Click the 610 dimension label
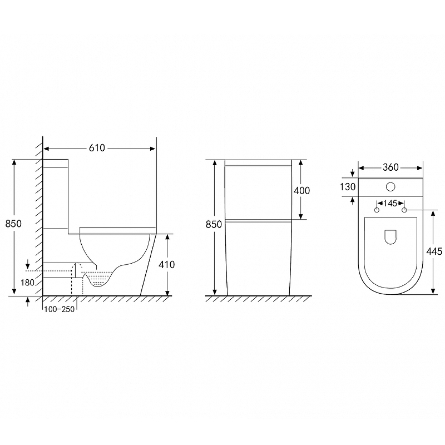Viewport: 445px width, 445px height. [x=97, y=148]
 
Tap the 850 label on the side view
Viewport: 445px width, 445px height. [x=13, y=224]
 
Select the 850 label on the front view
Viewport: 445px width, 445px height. [x=214, y=224]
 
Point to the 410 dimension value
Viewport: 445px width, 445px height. [x=166, y=265]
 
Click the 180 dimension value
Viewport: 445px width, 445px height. [x=27, y=283]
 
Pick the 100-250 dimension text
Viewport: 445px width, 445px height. [x=60, y=309]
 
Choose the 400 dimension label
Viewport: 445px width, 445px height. [x=301, y=190]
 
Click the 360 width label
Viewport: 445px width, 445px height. [x=390, y=167]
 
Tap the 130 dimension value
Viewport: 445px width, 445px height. [x=348, y=187]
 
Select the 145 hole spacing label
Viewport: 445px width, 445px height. [x=390, y=203]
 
